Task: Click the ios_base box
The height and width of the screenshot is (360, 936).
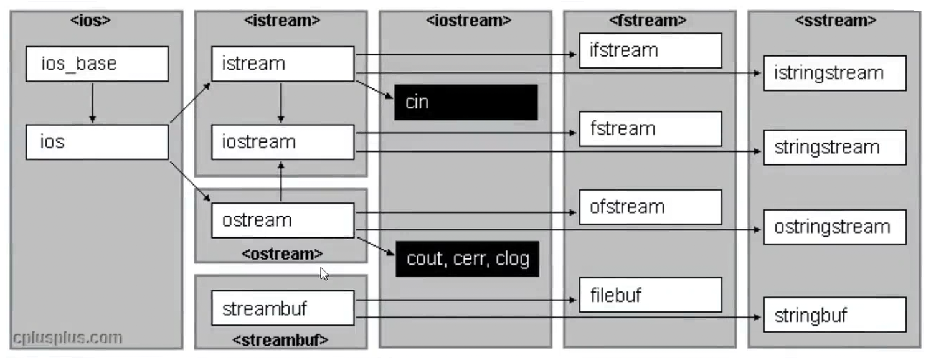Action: pos(97,64)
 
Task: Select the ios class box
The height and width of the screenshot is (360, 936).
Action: pos(97,142)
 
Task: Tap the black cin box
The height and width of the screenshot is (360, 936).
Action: pos(465,102)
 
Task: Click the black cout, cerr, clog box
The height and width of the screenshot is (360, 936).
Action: pos(467,258)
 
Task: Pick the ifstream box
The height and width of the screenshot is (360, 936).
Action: pos(650,50)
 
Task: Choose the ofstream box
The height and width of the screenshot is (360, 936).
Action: pos(650,207)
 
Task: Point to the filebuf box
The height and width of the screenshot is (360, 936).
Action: pos(650,295)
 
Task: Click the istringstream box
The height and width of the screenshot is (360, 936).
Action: pos(834,73)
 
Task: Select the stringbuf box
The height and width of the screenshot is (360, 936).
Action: pos(834,315)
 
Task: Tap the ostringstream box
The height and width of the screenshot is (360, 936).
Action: pos(834,227)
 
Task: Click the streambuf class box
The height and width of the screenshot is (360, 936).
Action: pos(282,308)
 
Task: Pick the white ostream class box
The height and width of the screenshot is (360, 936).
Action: pos(282,220)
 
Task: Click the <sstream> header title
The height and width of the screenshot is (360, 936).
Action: pos(835,20)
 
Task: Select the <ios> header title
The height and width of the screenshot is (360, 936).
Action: pos(91,20)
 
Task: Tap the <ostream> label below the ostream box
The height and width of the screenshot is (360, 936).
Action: pos(281,253)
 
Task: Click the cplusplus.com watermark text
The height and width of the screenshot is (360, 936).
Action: pos(67,338)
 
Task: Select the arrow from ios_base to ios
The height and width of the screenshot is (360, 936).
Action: pos(92,102)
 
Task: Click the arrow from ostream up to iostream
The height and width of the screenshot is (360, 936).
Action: pos(281,181)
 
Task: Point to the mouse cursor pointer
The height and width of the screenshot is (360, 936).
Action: pos(324,273)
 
